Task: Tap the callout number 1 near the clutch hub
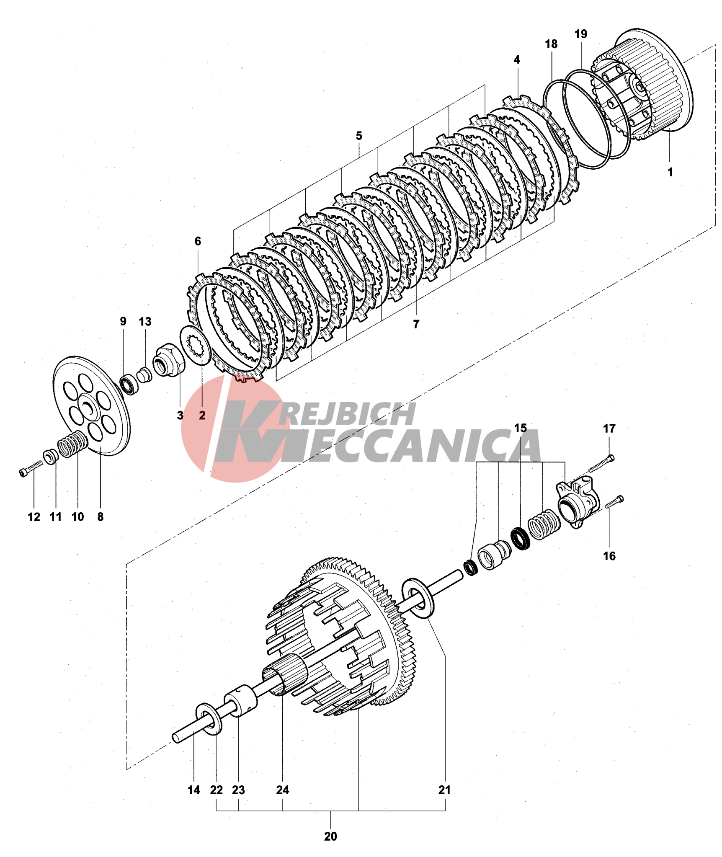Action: pyautogui.click(x=670, y=172)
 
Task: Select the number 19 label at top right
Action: pyautogui.click(x=581, y=34)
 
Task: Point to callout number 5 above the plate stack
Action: pyautogui.click(x=359, y=136)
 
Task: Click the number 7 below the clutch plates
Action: pyautogui.click(x=416, y=324)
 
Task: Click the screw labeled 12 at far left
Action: pyautogui.click(x=30, y=468)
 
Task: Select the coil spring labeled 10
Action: pyautogui.click(x=72, y=444)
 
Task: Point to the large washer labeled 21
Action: pyautogui.click(x=418, y=598)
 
